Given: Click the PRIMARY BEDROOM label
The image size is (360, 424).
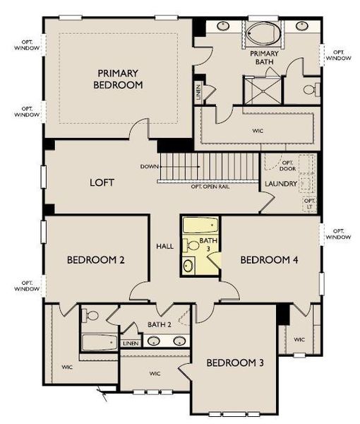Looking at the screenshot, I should click(120, 78).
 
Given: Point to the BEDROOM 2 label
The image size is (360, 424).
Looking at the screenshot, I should click(96, 260).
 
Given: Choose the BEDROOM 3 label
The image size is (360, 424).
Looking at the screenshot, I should click(235, 363).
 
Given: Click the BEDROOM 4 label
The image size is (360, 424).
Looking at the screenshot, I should click(269, 260).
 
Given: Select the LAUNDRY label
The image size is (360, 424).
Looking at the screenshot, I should click(280, 184).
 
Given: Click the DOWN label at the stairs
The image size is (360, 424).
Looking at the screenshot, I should click(148, 167).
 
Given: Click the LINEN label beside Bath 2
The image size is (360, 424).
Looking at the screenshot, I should click(131, 343).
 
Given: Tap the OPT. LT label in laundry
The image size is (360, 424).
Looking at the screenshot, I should click(309, 203).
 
